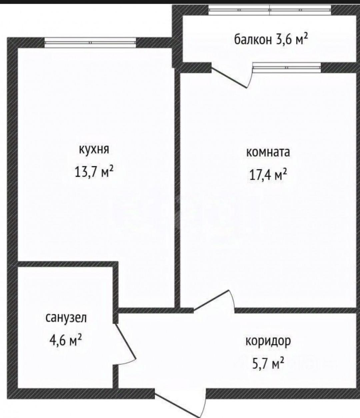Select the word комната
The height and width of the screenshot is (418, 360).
pos(268,152)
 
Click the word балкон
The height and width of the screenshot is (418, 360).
pos(253,40)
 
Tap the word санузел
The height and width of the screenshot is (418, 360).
pos(66,318)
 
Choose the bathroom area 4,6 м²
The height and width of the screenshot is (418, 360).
pos(66,340)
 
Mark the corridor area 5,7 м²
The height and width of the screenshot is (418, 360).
pos(268,363)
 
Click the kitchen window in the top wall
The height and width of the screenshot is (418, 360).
pos(90,43)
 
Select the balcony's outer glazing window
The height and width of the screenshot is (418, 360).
pos(270,10)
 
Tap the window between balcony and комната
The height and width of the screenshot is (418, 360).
pos(287,68)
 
